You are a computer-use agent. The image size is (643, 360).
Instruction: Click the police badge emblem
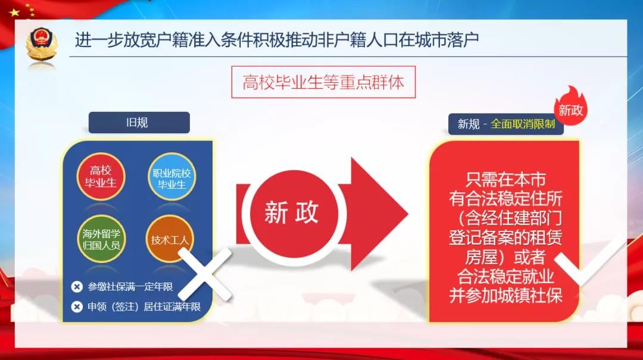click(41, 44)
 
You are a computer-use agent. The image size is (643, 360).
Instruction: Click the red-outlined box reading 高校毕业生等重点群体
click(323, 82)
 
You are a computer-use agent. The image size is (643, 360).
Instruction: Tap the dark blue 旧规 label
click(139, 122)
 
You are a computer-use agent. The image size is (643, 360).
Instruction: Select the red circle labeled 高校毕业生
click(101, 176)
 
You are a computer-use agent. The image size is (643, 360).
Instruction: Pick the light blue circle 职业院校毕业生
click(172, 177)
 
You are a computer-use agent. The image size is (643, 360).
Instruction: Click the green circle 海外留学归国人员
click(101, 239)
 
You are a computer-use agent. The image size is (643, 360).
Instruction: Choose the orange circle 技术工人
click(170, 239)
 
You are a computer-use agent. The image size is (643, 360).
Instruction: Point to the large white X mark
click(205, 274)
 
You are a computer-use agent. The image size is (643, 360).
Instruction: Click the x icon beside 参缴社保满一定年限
click(77, 287)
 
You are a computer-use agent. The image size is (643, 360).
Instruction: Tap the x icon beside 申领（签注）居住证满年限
click(77, 306)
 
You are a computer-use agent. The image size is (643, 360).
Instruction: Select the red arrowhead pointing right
click(379, 214)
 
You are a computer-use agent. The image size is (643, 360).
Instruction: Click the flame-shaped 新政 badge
click(571, 107)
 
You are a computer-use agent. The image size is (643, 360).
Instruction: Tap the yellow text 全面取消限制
click(523, 123)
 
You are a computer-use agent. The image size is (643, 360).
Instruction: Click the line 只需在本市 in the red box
click(505, 179)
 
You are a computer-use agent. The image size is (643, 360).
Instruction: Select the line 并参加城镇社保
click(505, 295)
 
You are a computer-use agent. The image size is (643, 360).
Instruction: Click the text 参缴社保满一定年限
click(130, 287)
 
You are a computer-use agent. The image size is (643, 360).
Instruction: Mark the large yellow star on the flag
click(14, 12)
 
